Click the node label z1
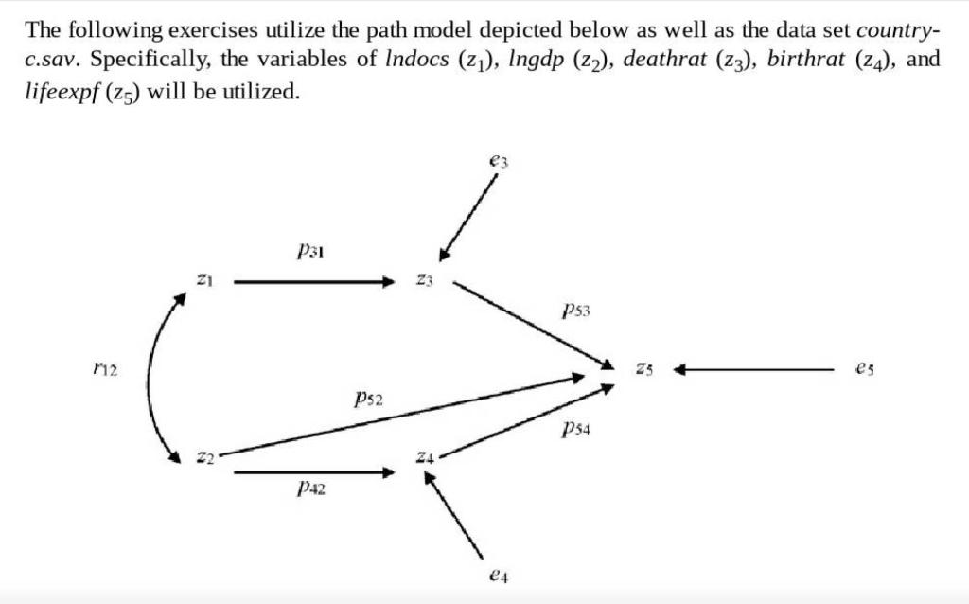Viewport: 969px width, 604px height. coord(202,281)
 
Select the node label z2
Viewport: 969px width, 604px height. coord(202,458)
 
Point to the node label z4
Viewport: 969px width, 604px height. coord(425,458)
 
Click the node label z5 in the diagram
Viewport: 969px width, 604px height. coord(643,368)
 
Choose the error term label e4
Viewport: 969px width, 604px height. coord(501,574)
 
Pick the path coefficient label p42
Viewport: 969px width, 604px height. coord(312,488)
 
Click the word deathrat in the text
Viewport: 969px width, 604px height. coord(666,61)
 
